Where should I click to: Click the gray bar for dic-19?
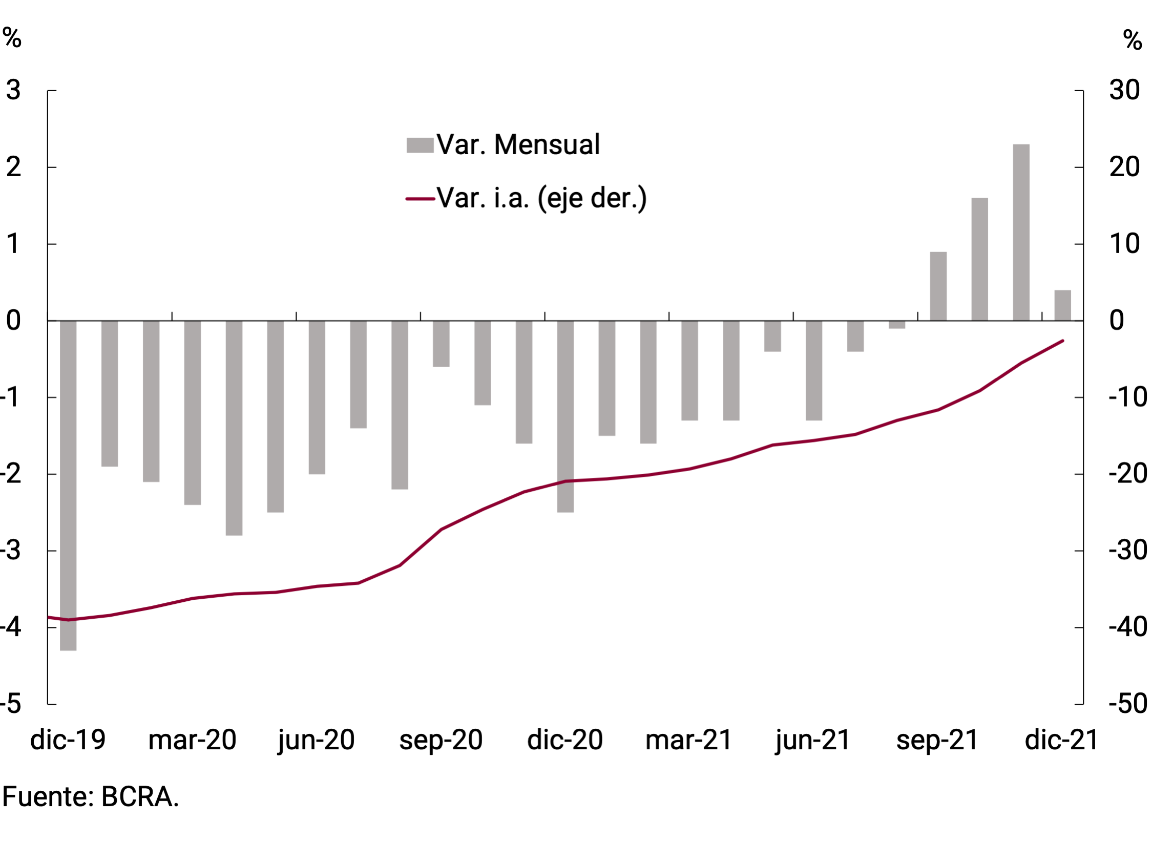click(x=68, y=484)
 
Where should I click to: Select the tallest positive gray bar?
click(x=1021, y=233)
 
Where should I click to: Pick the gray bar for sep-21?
click(x=938, y=286)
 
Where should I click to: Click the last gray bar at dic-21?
click(x=1062, y=305)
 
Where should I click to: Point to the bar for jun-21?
click(x=813, y=370)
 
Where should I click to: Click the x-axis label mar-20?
click(x=192, y=740)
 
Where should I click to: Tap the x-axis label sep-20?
click(x=441, y=740)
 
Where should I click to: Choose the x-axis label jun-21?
click(x=813, y=740)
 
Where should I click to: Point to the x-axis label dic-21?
click(x=1061, y=740)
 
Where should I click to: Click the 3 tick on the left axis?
click(x=13, y=90)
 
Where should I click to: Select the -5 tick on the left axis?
click(x=11, y=704)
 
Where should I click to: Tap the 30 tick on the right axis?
click(x=1124, y=90)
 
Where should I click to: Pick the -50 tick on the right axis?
click(x=1127, y=704)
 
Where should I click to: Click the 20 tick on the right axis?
click(x=1124, y=167)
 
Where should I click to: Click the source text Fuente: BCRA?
click(x=91, y=797)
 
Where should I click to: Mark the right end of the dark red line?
click(x=1062, y=341)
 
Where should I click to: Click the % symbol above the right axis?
click(x=1132, y=39)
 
